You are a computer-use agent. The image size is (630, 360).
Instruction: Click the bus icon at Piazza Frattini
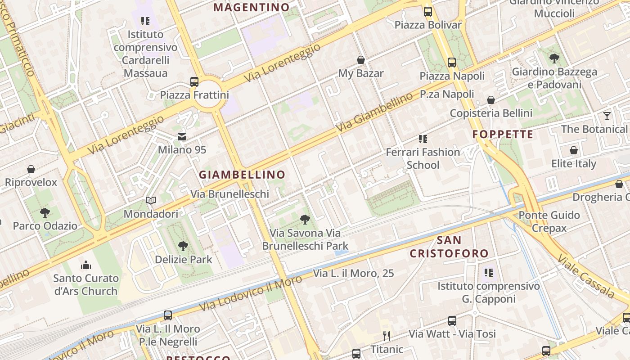tap(194, 82)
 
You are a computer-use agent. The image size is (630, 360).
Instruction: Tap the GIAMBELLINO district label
tap(242, 175)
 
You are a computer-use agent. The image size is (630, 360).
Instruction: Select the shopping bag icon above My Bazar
tap(360, 60)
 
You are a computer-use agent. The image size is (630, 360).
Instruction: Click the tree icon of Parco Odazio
tap(45, 212)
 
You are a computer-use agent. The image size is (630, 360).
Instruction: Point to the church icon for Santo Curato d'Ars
tap(86, 265)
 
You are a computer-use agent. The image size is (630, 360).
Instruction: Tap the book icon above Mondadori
tap(151, 201)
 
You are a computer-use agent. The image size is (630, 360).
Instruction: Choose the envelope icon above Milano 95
tap(182, 136)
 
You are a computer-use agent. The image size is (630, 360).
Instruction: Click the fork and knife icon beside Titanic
tap(386, 336)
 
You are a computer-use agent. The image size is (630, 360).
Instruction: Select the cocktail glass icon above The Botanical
tap(607, 116)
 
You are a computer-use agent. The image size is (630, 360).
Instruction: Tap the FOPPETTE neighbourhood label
tap(503, 134)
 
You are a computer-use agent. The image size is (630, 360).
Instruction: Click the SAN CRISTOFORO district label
tap(449, 247)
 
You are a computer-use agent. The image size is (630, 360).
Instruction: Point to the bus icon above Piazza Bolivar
tap(428, 12)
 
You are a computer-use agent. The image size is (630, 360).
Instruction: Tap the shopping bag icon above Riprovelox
tap(31, 169)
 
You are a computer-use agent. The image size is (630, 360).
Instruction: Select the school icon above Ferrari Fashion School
tap(423, 139)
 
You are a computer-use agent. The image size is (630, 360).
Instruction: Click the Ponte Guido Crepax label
tap(549, 221)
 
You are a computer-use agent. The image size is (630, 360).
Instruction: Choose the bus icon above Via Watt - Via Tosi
tap(452, 321)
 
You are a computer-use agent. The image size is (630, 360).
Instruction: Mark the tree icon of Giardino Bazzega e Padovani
tap(554, 58)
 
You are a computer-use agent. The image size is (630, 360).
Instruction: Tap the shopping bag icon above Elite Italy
tap(574, 150)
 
